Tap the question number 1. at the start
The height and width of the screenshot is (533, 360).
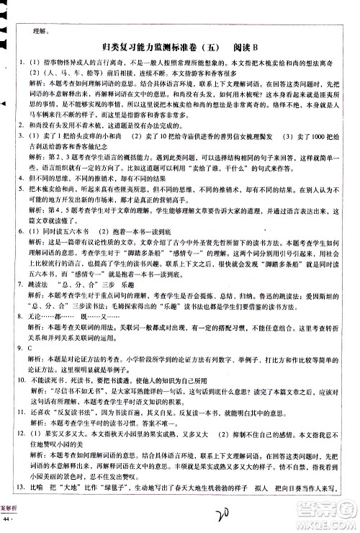(x=23, y=64)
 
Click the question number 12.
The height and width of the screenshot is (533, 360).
(x=23, y=435)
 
